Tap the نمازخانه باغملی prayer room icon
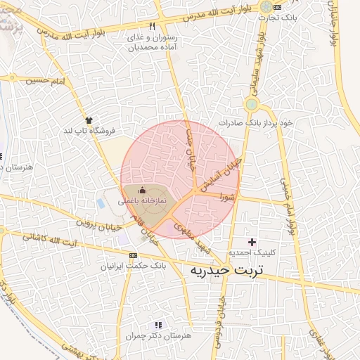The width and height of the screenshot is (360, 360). coord(143,190)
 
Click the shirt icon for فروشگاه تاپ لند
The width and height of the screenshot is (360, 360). coord(89,120)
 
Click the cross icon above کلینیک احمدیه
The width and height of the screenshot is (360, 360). coord(251,242)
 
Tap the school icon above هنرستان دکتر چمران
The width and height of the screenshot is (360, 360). coord(158,325)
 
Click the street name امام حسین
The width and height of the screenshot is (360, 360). coord(44,82)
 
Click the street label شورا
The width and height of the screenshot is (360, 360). coord(225,195)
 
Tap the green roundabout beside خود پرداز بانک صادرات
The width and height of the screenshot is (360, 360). coord(251,105)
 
